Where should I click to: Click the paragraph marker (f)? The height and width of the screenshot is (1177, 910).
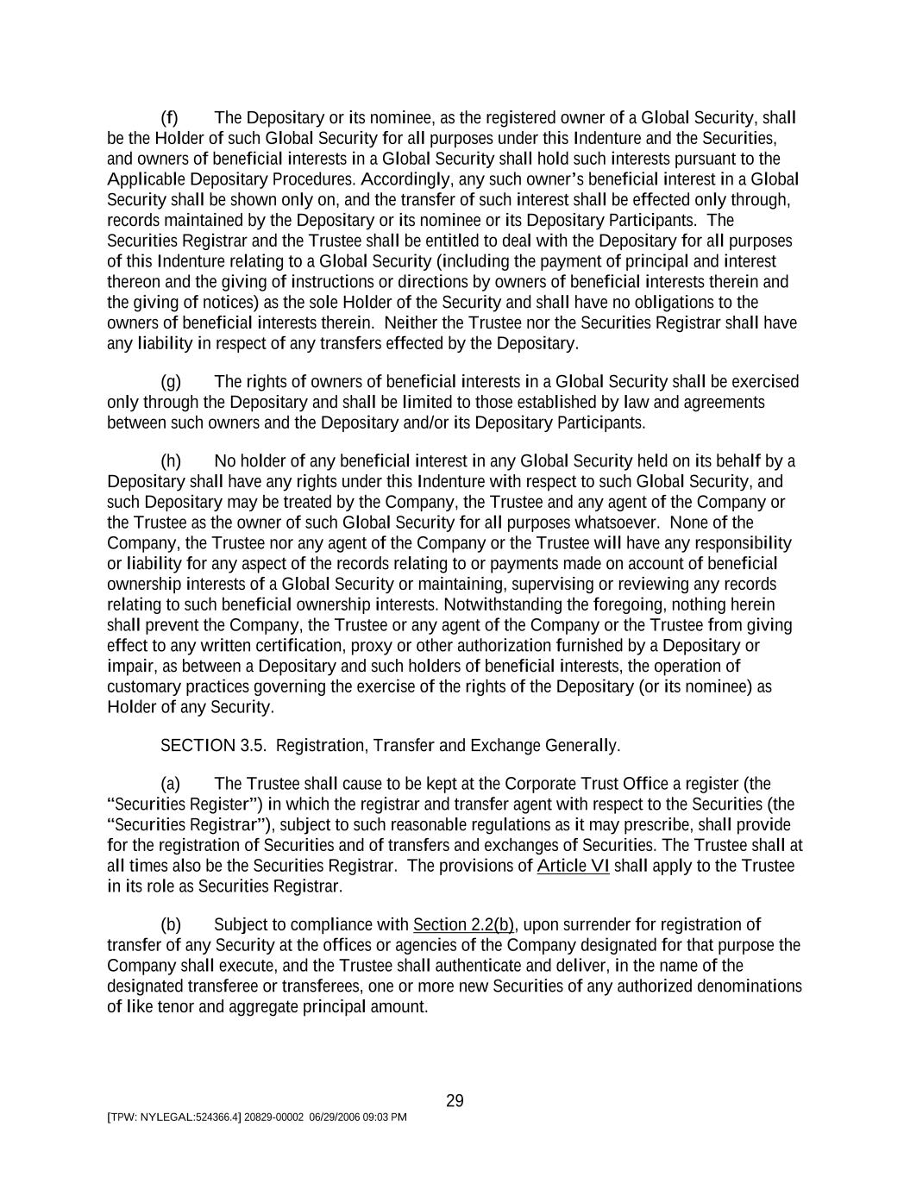point(170,118)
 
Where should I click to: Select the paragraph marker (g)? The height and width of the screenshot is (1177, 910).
point(171,382)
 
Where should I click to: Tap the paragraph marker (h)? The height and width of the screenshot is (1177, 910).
point(171,461)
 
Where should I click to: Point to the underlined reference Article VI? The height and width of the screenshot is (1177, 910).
point(573,866)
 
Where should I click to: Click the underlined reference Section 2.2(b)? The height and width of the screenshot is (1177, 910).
point(464,925)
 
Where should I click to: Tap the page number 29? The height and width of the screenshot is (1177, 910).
point(455,1101)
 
